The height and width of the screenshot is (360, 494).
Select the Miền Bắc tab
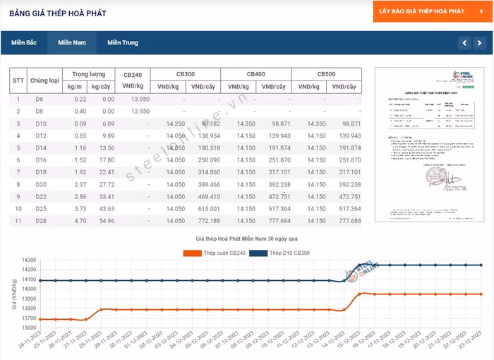coord(24,43)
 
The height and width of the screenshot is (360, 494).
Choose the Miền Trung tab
coord(123,43)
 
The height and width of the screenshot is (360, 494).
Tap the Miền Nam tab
coord(72,43)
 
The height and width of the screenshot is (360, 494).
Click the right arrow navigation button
coord(480,43)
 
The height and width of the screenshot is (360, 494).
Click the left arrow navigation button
coord(464,43)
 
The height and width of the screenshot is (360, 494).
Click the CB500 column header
coord(326,74)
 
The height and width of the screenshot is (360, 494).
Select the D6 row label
coord(40,100)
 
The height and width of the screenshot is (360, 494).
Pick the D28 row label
coord(40,221)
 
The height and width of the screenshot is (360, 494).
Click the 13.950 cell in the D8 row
coord(140,112)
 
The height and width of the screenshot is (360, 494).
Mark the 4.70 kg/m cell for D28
coord(80,221)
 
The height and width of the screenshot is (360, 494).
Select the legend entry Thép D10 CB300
coord(289,253)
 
